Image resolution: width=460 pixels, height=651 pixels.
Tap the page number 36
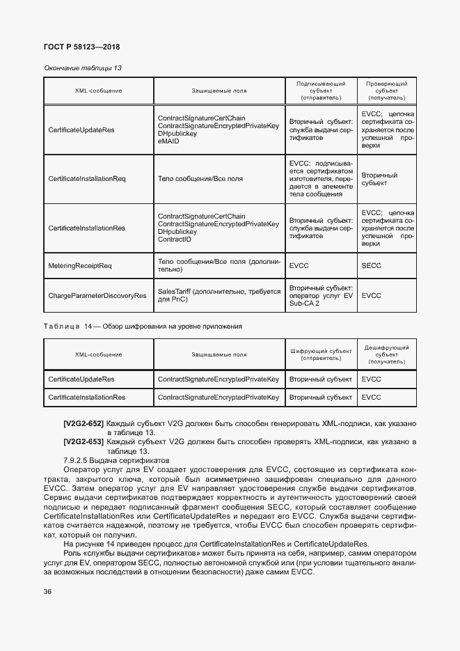pyautogui.click(x=48, y=592)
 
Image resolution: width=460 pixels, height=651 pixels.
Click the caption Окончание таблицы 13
pyautogui.click(x=83, y=68)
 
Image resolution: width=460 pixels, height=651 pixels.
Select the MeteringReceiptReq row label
pyautogui.click(x=80, y=265)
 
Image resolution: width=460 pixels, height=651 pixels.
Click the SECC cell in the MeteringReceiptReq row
pyautogui.click(x=372, y=265)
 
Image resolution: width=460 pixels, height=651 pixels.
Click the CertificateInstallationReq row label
pyautogui.click(x=87, y=179)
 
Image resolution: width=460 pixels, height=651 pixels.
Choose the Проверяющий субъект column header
pyautogui.click(x=386, y=91)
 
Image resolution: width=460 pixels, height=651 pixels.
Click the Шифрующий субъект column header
pyautogui.click(x=320, y=354)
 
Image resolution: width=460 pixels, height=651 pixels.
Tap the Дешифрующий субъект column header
pyautogui.click(x=386, y=354)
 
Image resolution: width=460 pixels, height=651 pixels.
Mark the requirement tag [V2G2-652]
pyautogui.click(x=83, y=423)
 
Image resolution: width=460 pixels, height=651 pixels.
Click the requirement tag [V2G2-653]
pyautogui.click(x=83, y=442)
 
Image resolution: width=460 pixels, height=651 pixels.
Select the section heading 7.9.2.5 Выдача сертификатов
pyautogui.click(x=116, y=462)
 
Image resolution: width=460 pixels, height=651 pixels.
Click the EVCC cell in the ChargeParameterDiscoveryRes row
pyautogui.click(x=372, y=295)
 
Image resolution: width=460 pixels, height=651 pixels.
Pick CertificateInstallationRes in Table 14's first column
pyautogui.click(x=87, y=397)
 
